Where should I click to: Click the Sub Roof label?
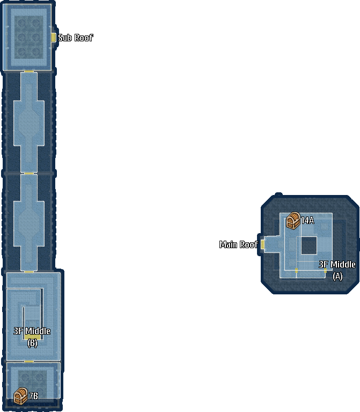[x=76, y=38]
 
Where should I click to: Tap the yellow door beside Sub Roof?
[x=53, y=38]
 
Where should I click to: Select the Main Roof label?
[x=239, y=244]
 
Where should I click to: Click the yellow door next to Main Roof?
[x=263, y=244]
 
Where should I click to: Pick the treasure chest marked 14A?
[x=293, y=220]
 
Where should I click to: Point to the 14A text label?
[x=307, y=220]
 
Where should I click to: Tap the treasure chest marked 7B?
[x=20, y=396]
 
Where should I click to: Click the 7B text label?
[x=33, y=396]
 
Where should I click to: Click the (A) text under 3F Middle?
[x=337, y=277]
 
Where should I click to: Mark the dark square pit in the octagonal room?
[x=309, y=245]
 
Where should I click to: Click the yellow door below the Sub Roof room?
[x=29, y=71]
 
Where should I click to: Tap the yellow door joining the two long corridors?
[x=29, y=174]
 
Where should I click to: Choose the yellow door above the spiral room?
[x=29, y=272]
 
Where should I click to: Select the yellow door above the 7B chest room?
[x=29, y=362]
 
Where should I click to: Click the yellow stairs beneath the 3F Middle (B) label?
[x=33, y=337]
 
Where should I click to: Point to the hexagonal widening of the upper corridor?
[x=29, y=122]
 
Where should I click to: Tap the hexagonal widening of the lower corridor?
[x=29, y=223]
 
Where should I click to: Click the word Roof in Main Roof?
[x=249, y=244]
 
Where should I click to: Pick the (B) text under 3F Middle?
[x=32, y=343]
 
